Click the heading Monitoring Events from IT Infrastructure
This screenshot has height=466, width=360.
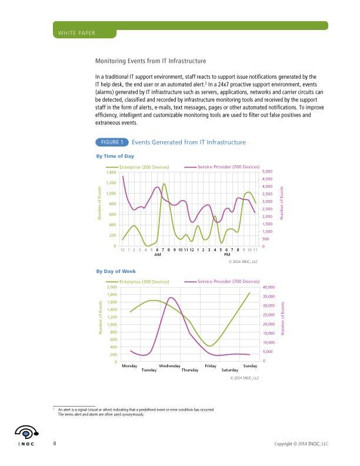[151, 61]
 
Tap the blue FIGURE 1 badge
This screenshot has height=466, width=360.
[111, 142]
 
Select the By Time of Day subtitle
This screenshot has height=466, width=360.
[115, 156]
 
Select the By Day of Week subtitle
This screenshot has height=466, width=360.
[116, 271]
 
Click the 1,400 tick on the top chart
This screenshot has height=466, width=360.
[111, 172]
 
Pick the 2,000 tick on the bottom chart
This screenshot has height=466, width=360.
[111, 287]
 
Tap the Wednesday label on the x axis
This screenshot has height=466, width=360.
[169, 366]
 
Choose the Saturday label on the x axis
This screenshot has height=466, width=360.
[229, 370]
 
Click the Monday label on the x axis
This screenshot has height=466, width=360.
[129, 366]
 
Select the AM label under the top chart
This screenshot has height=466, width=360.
[158, 255]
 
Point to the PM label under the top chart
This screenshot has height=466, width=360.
[218, 255]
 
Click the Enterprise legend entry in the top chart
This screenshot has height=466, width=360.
[144, 168]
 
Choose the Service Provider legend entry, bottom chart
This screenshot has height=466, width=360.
[228, 282]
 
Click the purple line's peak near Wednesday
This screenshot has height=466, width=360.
[171, 298]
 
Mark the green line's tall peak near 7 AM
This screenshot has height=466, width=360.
[164, 184]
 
